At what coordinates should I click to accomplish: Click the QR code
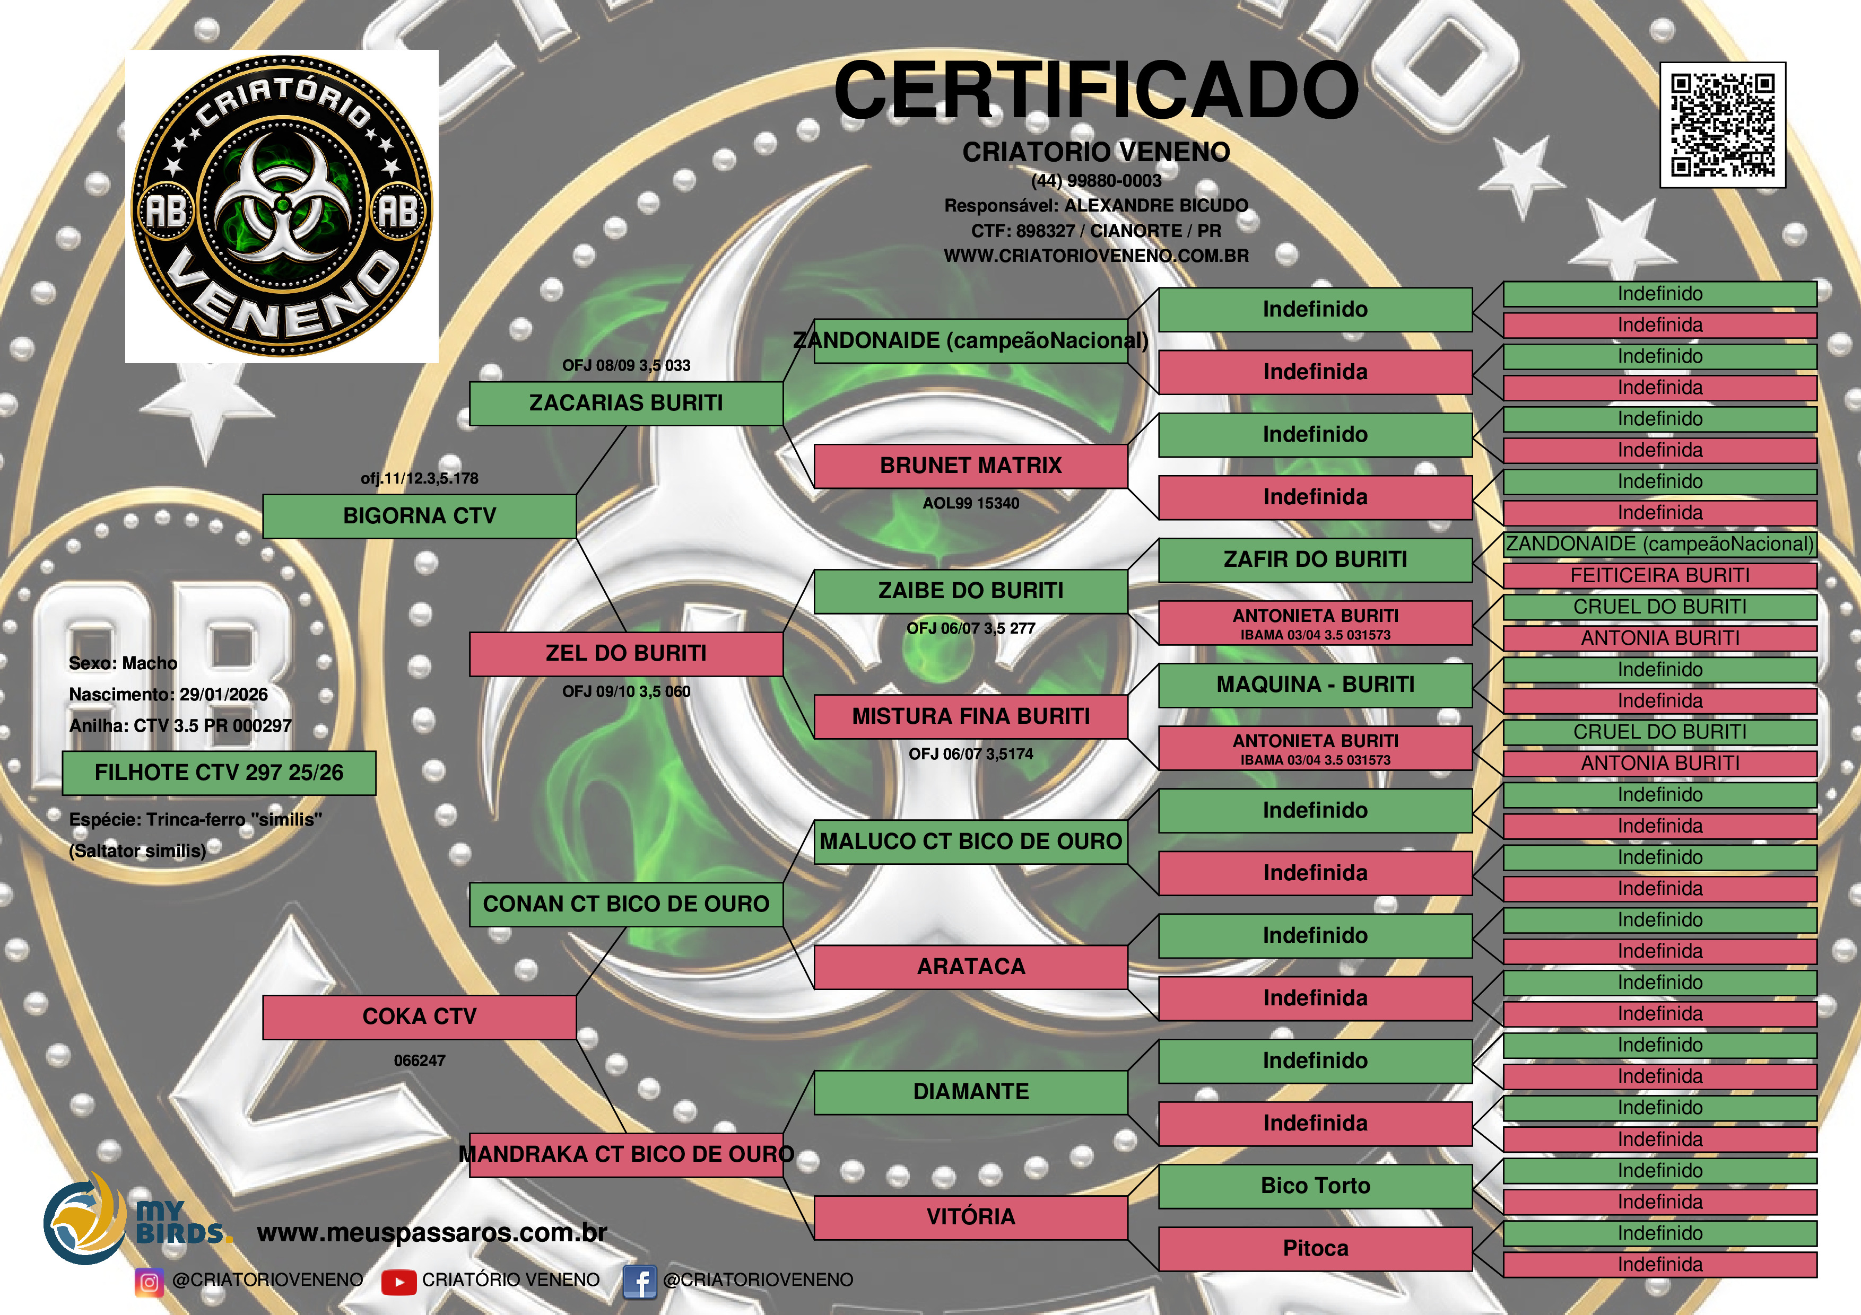point(1723,125)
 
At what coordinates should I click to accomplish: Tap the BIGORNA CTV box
point(419,516)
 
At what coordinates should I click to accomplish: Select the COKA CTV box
point(419,1017)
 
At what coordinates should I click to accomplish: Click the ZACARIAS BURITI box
point(626,404)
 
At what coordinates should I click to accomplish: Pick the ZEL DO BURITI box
point(626,654)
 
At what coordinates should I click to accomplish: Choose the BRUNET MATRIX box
point(970,466)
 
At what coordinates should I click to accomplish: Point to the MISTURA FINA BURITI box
point(970,716)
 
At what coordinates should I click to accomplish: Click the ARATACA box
point(970,967)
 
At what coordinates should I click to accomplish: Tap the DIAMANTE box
point(970,1092)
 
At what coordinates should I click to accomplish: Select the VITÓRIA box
point(970,1217)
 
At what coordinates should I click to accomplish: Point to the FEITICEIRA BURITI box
point(1659,575)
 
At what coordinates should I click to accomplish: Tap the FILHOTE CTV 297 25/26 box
point(219,773)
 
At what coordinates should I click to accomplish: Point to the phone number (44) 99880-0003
point(1096,181)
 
